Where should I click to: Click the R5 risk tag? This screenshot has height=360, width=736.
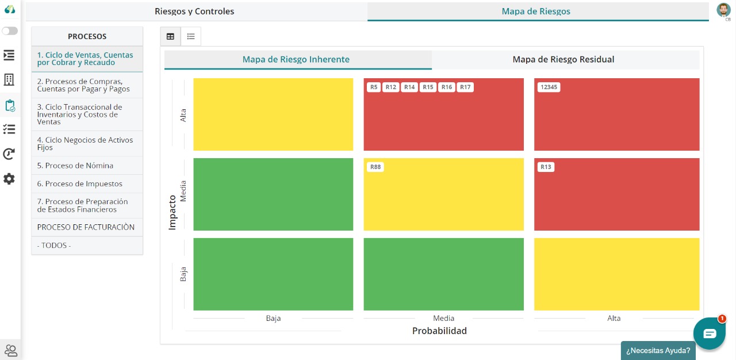(374, 87)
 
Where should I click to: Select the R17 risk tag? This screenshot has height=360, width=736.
(465, 87)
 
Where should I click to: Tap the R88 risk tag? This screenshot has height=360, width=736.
(375, 167)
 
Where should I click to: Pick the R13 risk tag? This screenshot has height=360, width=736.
(546, 167)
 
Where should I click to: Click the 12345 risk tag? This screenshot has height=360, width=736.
(549, 87)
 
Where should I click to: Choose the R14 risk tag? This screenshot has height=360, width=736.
(409, 87)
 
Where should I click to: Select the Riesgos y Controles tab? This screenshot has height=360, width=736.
(194, 12)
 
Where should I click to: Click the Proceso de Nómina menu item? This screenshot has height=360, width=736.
(75, 166)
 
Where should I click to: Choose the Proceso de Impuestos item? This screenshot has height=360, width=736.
(80, 184)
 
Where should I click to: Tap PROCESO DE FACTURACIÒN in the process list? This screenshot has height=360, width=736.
(86, 227)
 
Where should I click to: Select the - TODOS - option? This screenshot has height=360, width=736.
(54, 246)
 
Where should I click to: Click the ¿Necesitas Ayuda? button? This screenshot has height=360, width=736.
(658, 350)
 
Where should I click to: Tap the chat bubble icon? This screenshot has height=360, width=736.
(709, 334)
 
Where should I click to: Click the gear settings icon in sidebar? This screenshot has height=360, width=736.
(9, 179)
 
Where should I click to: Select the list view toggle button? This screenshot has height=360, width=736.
(191, 36)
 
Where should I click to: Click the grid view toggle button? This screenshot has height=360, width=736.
(170, 36)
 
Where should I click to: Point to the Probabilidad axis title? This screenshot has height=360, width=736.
(439, 331)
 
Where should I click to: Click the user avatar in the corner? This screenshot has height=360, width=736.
(723, 10)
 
